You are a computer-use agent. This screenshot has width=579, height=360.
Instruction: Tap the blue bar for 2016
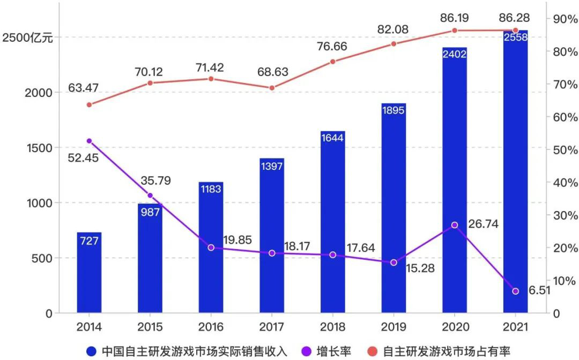tap(211, 247)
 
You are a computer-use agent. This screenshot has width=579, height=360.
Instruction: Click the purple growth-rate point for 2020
tap(455, 225)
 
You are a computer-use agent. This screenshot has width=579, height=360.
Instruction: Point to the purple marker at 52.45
tap(89, 141)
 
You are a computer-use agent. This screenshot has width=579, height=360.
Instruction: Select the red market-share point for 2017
tap(272, 88)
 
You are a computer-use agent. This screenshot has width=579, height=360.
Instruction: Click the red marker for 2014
tap(89, 104)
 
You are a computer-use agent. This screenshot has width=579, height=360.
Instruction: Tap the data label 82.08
tap(393, 29)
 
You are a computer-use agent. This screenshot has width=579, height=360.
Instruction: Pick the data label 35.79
tap(156, 181)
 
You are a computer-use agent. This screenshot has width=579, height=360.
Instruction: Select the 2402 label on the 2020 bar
tap(455, 54)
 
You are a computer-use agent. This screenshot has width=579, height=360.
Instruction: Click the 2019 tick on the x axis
tap(393, 327)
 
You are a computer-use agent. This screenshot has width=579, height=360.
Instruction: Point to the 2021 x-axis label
tap(515, 327)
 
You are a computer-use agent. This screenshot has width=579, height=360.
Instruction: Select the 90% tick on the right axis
tap(561, 19)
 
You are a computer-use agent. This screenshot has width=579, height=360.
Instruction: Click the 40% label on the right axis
tap(561, 183)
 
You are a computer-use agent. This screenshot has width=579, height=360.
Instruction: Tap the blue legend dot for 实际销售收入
tap(92, 351)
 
